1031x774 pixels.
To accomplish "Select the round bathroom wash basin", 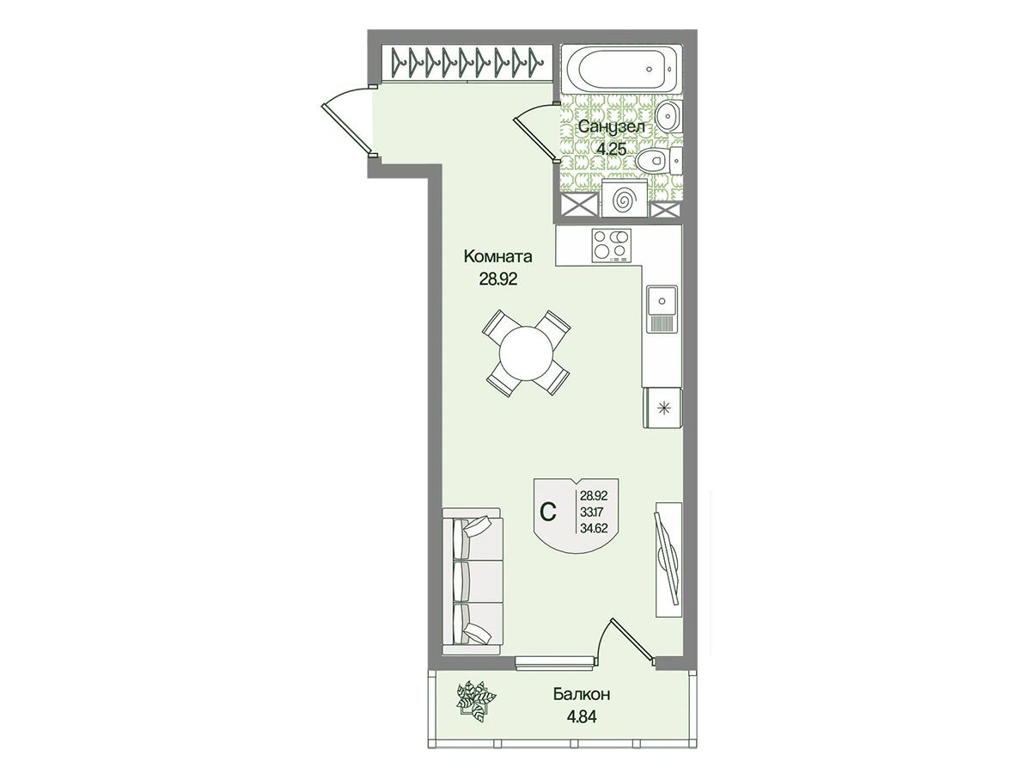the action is [668, 115].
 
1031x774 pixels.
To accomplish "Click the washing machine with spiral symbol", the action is [625, 199].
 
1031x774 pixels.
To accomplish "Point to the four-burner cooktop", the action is [611, 245].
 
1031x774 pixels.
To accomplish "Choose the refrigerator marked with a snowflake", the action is [662, 408].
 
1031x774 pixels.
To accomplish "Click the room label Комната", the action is [497, 256].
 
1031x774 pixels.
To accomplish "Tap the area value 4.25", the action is [612, 149].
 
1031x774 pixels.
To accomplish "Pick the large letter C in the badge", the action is [548, 512].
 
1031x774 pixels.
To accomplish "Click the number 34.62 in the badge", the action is [594, 528].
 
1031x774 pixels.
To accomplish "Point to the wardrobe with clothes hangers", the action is [467, 63].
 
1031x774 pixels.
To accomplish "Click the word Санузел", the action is [611, 126].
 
